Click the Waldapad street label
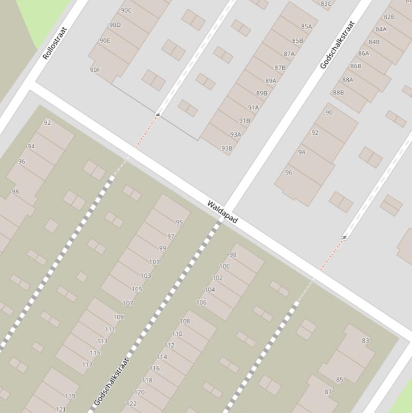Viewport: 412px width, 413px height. point(222,212)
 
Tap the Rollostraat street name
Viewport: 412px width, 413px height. point(55,43)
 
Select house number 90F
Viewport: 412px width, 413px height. point(95,70)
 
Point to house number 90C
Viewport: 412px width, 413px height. point(126,10)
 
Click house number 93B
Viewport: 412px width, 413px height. point(227,149)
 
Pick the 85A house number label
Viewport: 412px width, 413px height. point(306,26)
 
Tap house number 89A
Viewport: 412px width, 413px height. point(271,81)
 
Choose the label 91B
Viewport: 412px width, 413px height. point(244,121)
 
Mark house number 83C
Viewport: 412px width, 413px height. point(326,4)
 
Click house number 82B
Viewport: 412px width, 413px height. point(389,17)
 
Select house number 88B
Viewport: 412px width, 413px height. point(338,92)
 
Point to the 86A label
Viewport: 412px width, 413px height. point(363,53)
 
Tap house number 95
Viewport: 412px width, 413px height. point(179,222)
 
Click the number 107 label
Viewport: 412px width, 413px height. point(128,303)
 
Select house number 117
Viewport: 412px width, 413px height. point(87,365)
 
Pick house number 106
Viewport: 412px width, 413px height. point(201,303)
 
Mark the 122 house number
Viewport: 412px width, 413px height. point(131,404)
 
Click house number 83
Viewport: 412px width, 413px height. point(365,340)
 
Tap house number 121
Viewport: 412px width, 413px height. point(61,409)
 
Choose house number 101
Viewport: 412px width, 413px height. point(154,262)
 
